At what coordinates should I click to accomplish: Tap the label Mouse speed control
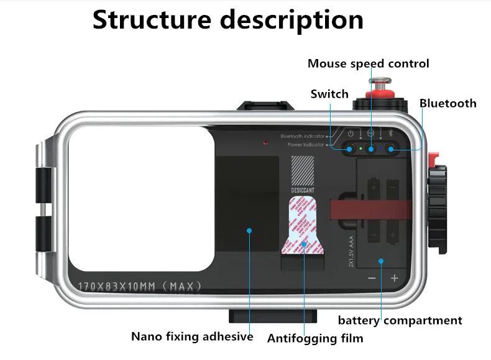tap(368, 63)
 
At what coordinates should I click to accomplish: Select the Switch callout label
tap(329, 94)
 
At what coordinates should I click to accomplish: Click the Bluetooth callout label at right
tap(447, 103)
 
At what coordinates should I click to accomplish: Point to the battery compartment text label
tap(400, 321)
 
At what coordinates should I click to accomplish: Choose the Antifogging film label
tap(314, 339)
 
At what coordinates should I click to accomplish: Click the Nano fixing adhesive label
tap(192, 336)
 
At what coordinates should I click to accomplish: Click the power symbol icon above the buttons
tap(351, 134)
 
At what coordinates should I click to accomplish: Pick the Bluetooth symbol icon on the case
tap(391, 134)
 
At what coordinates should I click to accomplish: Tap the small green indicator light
tap(361, 149)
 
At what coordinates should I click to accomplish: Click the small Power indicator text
tap(306, 145)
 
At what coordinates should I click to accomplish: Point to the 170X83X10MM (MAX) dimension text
tap(140, 287)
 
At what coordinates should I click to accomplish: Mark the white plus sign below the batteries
tap(394, 279)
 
